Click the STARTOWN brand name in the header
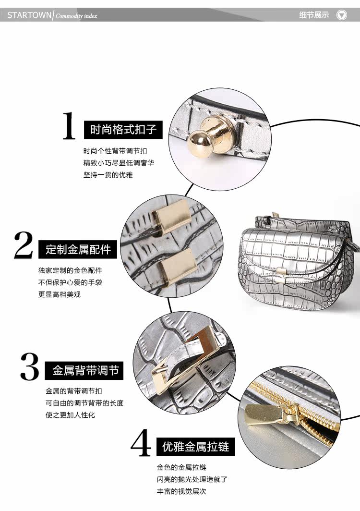29,15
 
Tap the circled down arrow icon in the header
342,15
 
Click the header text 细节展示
314,15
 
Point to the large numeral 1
70,126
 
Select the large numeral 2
23,246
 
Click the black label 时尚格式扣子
123,130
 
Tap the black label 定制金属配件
78,250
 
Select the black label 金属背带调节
85,371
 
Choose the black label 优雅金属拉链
195,448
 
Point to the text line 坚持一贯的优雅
108,175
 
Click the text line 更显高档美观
60,294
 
